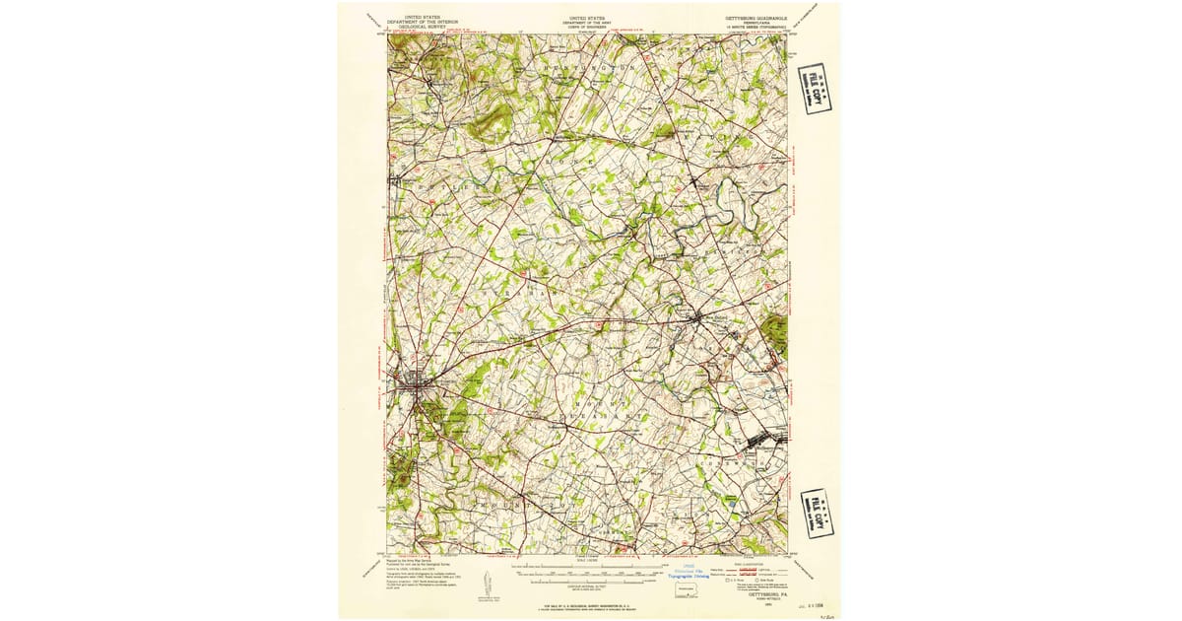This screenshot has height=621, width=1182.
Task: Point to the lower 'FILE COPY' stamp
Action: coord(818,513)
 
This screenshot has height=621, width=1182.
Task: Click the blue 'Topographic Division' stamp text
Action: coord(689,576)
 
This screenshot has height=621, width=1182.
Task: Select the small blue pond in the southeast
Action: coord(732,503)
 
